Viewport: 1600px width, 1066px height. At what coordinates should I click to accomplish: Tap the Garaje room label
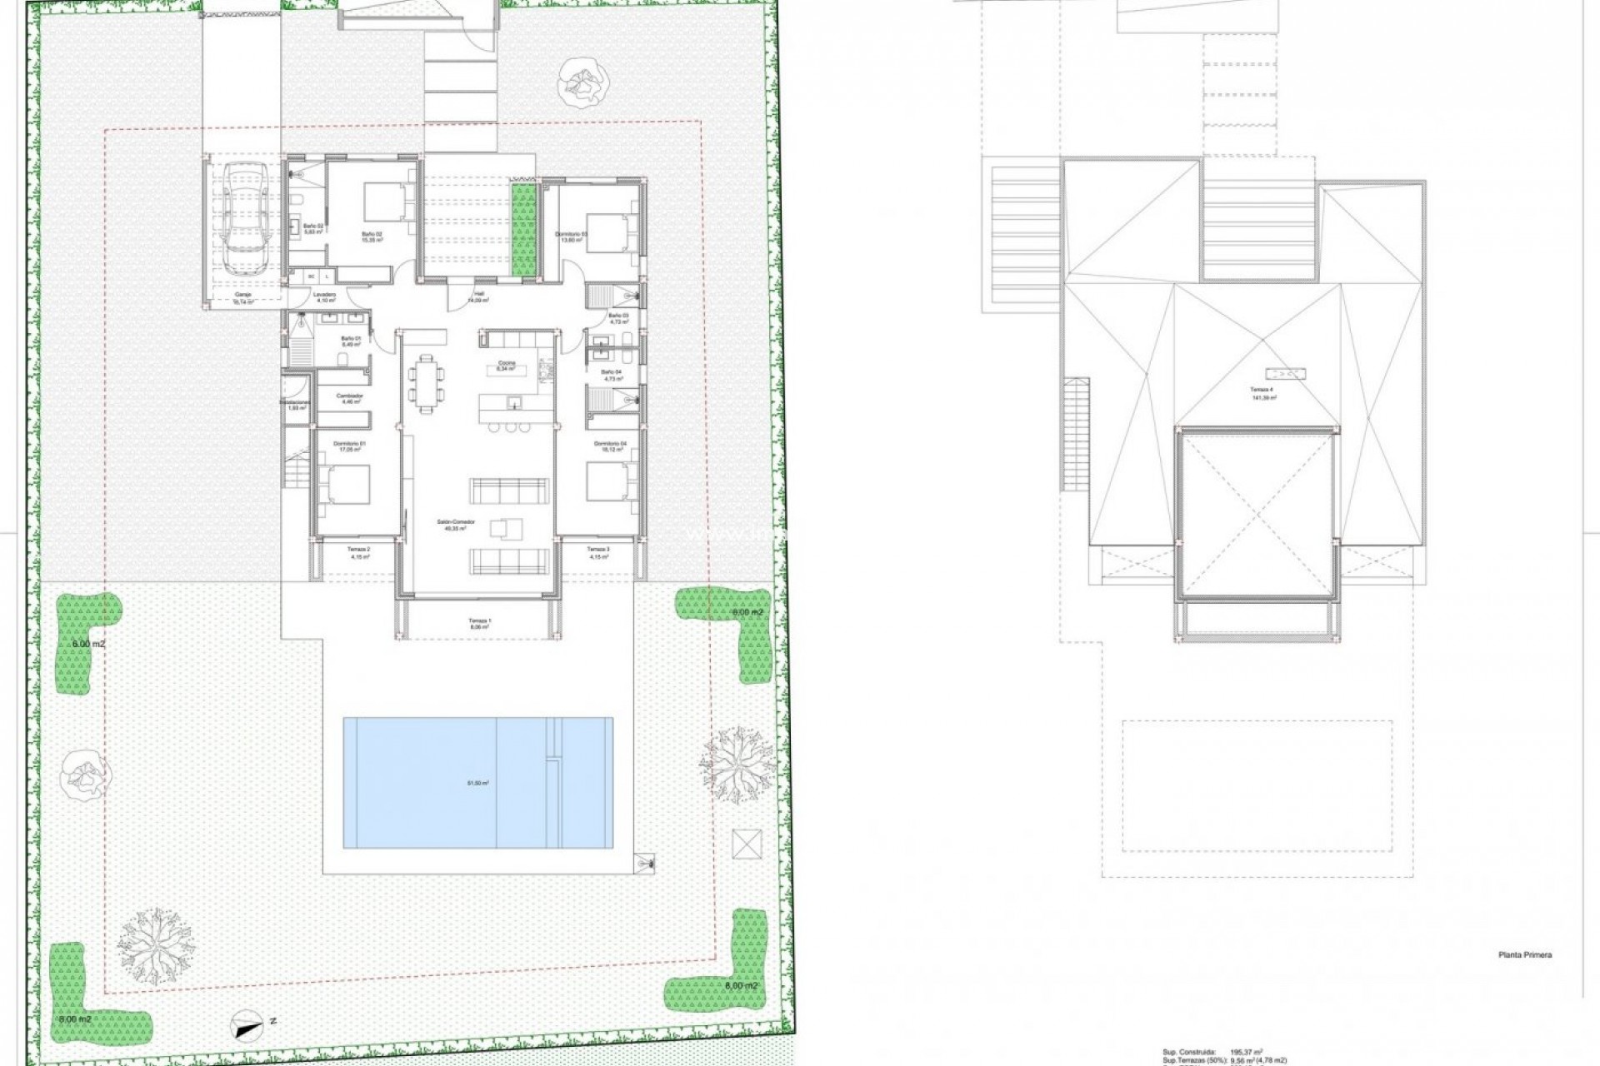pos(242,294)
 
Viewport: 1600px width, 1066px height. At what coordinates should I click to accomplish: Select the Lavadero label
pos(324,295)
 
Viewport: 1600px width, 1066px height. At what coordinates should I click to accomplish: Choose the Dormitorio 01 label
pos(350,444)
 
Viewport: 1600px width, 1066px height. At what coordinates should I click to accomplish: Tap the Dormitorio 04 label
pos(610,444)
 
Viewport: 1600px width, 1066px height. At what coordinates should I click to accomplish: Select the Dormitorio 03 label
pos(572,234)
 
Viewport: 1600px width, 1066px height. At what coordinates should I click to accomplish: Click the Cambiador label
pos(350,396)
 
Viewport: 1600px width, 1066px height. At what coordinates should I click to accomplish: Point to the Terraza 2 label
pos(358,550)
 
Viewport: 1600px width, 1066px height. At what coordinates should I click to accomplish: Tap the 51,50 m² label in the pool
pos(477,783)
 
